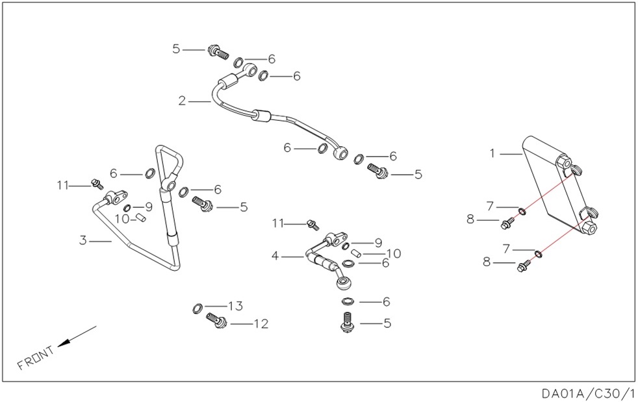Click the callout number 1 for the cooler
[x=492, y=153]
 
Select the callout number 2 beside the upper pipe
[x=183, y=101]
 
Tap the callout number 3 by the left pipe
[x=83, y=240]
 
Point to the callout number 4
[x=275, y=257]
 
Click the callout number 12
[x=261, y=323]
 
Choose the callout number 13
[x=235, y=306]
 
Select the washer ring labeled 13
[x=198, y=307]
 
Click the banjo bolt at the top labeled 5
[x=216, y=51]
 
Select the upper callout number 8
[x=470, y=220]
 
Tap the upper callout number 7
[x=490, y=207]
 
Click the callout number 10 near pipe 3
[x=122, y=219]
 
